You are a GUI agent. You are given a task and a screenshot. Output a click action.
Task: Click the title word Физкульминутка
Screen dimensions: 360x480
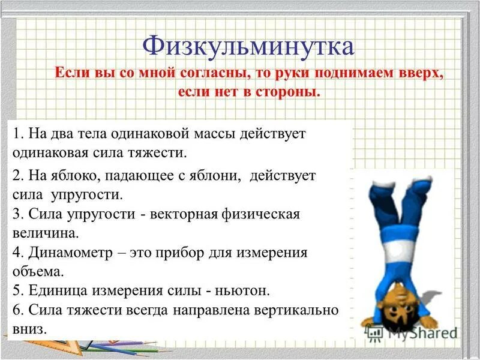248,46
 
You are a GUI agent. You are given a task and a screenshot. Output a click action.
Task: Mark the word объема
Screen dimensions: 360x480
37,271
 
